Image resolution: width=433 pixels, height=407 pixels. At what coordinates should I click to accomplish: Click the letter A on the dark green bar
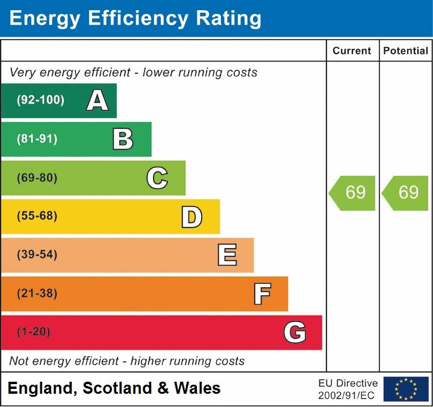pyautogui.click(x=98, y=101)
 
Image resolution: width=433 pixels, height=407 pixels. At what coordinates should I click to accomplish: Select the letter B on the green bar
pyautogui.click(x=123, y=139)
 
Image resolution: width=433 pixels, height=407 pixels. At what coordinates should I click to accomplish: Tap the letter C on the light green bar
pyautogui.click(x=157, y=178)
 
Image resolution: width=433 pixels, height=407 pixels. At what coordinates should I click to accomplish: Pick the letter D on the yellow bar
pyautogui.click(x=192, y=217)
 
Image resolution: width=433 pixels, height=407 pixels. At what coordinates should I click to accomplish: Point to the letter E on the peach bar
pyautogui.click(x=226, y=255)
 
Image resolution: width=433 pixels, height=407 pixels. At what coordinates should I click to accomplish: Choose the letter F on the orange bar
pyautogui.click(x=261, y=294)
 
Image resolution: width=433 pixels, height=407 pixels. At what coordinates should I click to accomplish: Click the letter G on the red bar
pyautogui.click(x=295, y=332)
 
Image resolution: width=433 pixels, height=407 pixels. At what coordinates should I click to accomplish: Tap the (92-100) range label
pyautogui.click(x=40, y=101)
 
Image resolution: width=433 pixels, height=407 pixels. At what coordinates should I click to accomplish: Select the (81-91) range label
pyautogui.click(x=37, y=139)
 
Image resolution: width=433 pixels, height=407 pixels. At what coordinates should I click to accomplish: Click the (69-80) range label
pyautogui.click(x=37, y=178)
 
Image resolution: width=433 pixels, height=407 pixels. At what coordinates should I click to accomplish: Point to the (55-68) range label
pyautogui.click(x=37, y=216)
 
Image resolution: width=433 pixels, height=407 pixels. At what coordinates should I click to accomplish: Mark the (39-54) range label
pyautogui.click(x=37, y=255)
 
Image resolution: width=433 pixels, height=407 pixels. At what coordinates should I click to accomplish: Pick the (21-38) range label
pyautogui.click(x=37, y=294)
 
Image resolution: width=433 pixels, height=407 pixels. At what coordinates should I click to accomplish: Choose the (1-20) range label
pyautogui.click(x=34, y=332)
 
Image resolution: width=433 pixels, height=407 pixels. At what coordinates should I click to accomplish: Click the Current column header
pyautogui.click(x=352, y=51)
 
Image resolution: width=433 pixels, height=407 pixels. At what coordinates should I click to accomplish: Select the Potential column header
pyautogui.click(x=406, y=51)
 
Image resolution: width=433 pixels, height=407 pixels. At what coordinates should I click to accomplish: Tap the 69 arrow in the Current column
pyautogui.click(x=353, y=193)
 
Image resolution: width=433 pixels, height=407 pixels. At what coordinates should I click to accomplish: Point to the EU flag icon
pyautogui.click(x=406, y=389)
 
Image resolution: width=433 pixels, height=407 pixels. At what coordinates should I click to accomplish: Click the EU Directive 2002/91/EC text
pyautogui.click(x=347, y=389)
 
